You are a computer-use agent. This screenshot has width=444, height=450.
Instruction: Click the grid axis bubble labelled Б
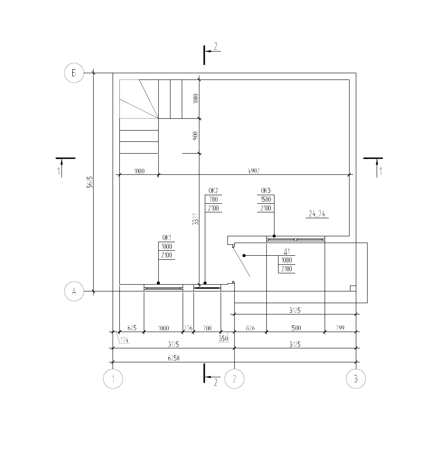pyautogui.click(x=74, y=73)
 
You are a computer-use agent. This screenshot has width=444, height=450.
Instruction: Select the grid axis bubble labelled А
pyautogui.click(x=74, y=291)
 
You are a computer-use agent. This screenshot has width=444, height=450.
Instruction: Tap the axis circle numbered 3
pyautogui.click(x=356, y=379)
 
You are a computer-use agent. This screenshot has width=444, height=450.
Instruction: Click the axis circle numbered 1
pyautogui.click(x=113, y=379)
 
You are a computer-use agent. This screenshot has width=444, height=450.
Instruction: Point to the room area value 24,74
pyautogui.click(x=317, y=214)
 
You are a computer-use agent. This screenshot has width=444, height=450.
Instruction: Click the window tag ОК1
pyautogui.click(x=166, y=238)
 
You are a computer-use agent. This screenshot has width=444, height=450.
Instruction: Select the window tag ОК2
pyautogui.click(x=213, y=191)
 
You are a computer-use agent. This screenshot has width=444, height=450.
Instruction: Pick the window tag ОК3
pyautogui.click(x=266, y=191)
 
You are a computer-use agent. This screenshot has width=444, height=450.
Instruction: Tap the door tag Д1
pyautogui.click(x=287, y=252)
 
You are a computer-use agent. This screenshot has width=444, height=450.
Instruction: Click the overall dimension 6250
pyautogui.click(x=174, y=358)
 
